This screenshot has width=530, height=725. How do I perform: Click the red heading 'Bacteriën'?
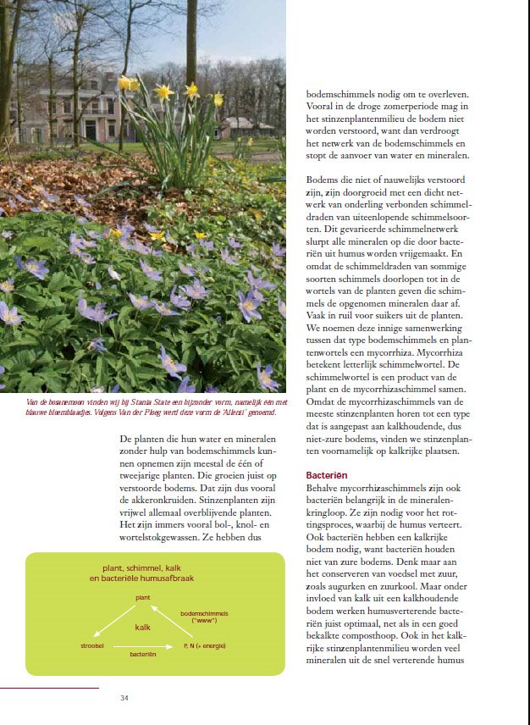326,476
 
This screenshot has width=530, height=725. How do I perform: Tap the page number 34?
124,699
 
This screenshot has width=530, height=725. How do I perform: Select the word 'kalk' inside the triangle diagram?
142,628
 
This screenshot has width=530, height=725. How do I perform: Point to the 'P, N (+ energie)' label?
203,646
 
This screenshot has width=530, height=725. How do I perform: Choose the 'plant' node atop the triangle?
142,598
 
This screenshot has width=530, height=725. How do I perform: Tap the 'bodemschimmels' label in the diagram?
205,613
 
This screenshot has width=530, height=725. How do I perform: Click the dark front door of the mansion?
90,129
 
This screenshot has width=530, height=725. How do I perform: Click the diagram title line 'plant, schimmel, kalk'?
142,567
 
